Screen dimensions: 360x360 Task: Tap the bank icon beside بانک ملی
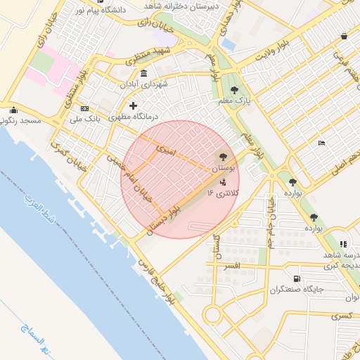[x=85, y=108]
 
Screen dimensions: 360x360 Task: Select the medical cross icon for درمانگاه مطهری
[x=133, y=105]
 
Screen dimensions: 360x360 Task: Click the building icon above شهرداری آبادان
[x=144, y=74]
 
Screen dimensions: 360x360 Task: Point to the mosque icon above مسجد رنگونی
[x=13, y=110]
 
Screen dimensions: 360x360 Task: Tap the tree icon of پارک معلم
[x=234, y=89]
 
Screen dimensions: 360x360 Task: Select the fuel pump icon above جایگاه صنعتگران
[x=304, y=278]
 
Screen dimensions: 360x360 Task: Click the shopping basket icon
[x=344, y=36]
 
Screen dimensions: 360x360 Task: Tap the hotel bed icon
[x=321, y=143]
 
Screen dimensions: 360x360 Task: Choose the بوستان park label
[x=223, y=169]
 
